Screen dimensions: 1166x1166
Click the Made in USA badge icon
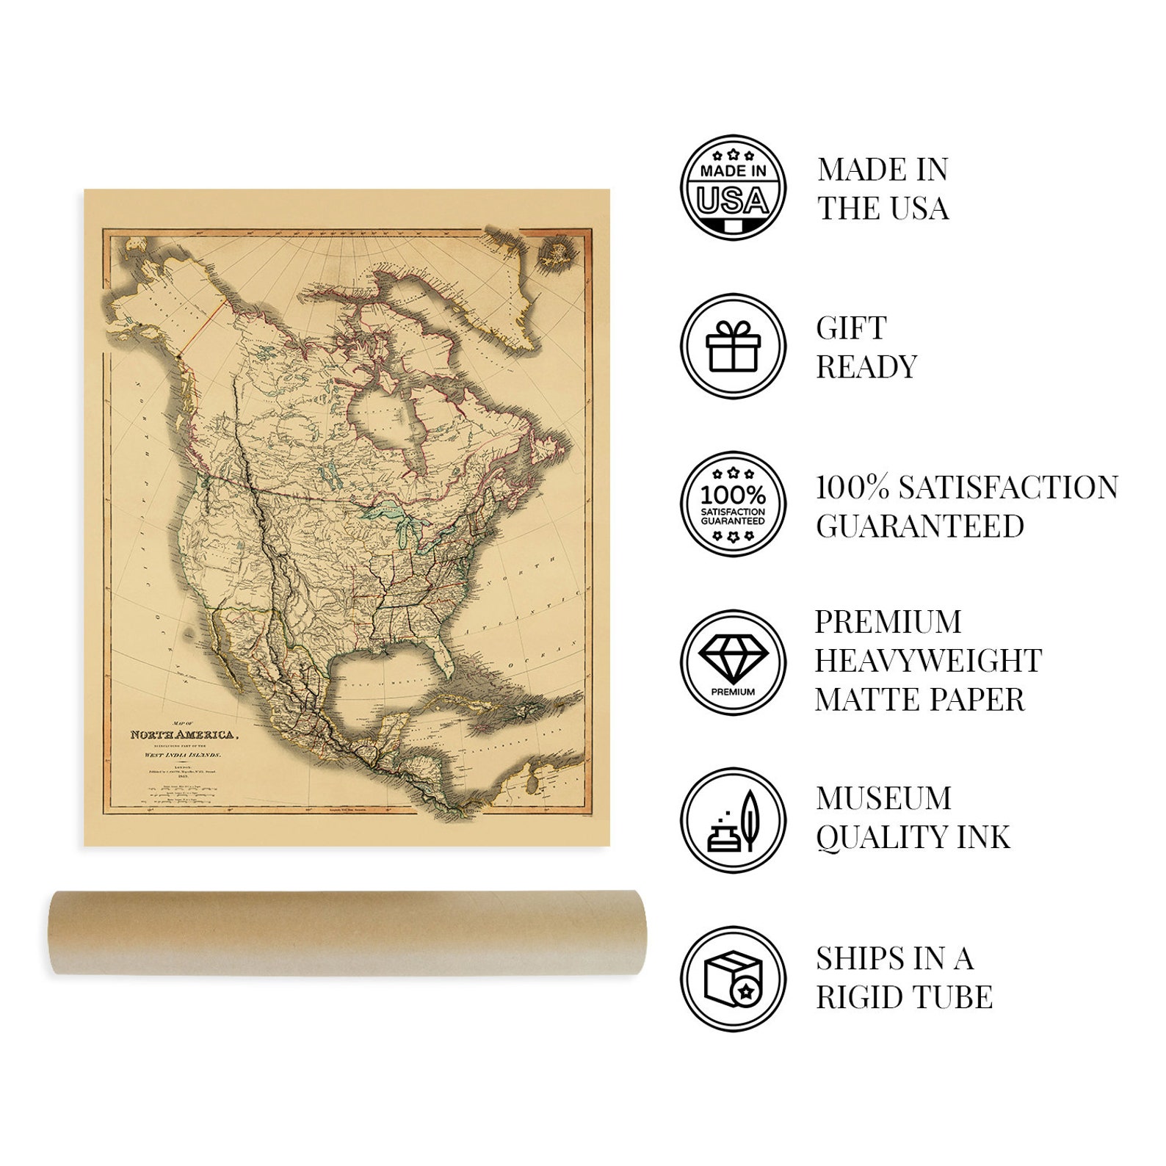[x=733, y=187]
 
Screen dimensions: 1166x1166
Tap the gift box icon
[x=733, y=346]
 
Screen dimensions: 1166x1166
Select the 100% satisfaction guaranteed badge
[x=733, y=504]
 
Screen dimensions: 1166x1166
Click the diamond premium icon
[x=733, y=662]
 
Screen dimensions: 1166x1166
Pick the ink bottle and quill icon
[x=733, y=820]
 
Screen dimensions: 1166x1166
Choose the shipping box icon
[x=733, y=979]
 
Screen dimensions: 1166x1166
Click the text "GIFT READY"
[x=866, y=347]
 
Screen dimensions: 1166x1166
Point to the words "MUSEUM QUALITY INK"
[x=913, y=818]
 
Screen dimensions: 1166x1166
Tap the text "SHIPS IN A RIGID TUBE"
[x=904, y=978]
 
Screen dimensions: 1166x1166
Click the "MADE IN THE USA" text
[x=883, y=189]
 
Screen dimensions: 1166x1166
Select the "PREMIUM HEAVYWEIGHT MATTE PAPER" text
[x=927, y=661]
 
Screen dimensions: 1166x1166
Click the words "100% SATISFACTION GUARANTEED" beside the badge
[x=966, y=507]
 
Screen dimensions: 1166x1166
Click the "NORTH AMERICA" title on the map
[x=183, y=734]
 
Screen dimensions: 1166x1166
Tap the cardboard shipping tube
[x=347, y=933]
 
